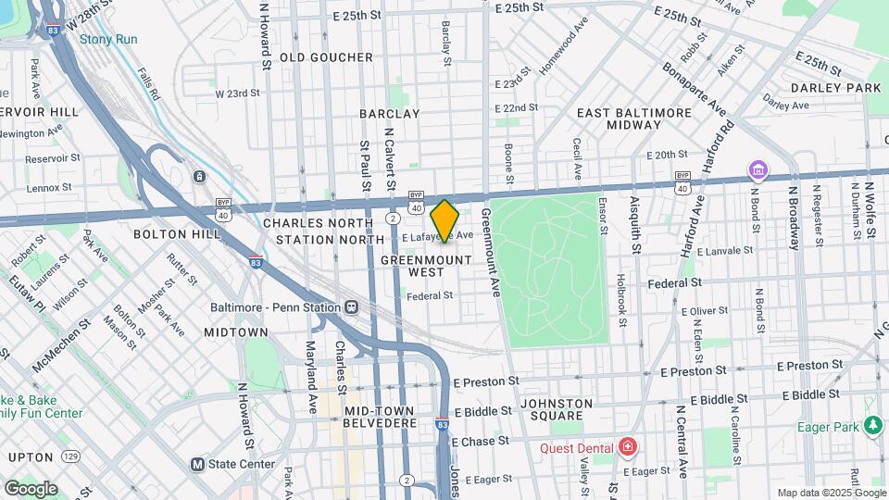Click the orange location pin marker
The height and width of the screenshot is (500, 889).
click(444, 220)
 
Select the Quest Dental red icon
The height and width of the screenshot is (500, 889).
click(629, 448)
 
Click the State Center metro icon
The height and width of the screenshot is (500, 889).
click(197, 464)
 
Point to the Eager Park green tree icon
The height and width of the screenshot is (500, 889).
click(872, 426)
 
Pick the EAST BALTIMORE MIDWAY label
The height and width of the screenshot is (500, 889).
click(633, 118)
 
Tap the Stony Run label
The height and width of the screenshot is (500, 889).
click(108, 39)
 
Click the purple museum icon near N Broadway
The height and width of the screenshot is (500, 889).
click(758, 170)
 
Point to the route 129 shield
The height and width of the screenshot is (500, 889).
click(70, 456)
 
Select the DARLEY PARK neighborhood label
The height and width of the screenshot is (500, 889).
click(835, 88)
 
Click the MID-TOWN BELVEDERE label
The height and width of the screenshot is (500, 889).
click(381, 416)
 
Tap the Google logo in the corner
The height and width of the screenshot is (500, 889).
click(30, 488)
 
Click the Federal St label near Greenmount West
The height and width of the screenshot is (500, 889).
click(430, 295)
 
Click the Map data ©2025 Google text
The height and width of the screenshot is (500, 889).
click(831, 493)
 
